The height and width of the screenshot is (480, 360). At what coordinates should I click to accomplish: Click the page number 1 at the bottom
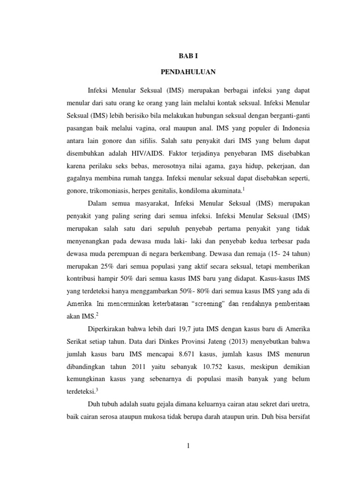(187, 446)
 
